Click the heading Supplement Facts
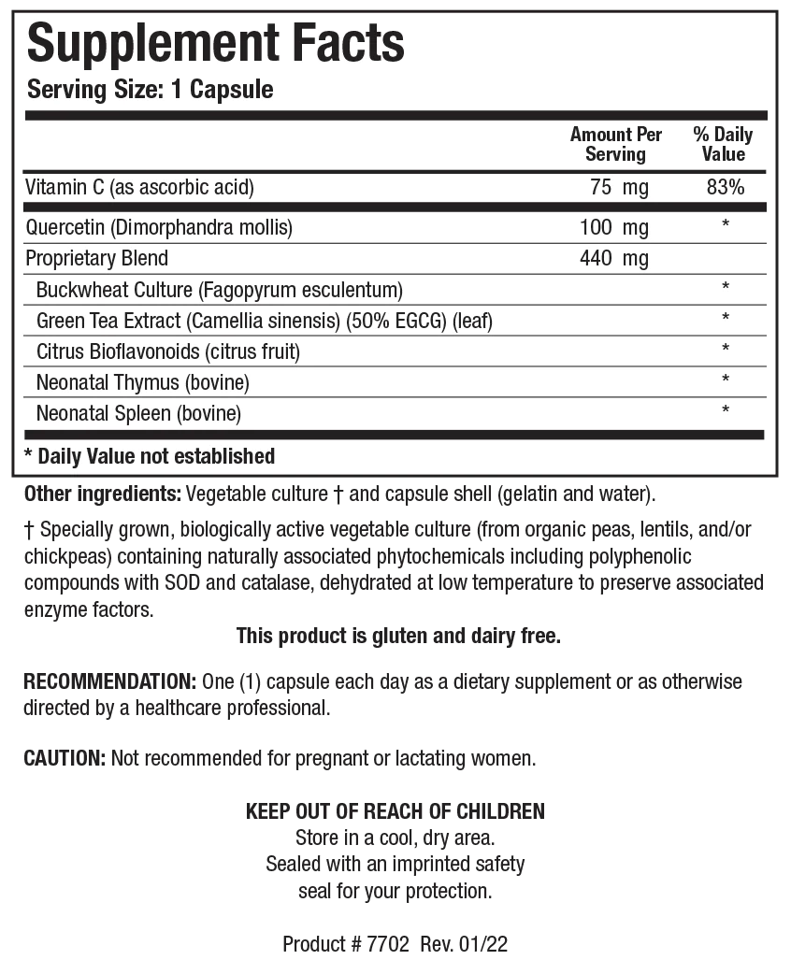[x=216, y=43]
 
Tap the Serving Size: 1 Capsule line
[x=151, y=90]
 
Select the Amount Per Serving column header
[x=615, y=144]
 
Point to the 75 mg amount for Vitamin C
[x=619, y=188]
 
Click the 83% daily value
[x=726, y=188]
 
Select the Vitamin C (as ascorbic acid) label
[x=140, y=188]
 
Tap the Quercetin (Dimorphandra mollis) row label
[x=160, y=227]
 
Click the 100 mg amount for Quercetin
[x=613, y=227]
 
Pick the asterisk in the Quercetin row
[x=726, y=225]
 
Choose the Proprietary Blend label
[x=97, y=258]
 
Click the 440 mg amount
[x=613, y=258]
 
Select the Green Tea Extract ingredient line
[x=264, y=321]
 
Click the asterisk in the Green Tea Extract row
[x=726, y=319]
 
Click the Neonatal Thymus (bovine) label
[x=142, y=382]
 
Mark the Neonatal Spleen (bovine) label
[x=138, y=413]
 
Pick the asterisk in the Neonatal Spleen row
[x=726, y=411]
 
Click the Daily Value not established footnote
[x=150, y=456]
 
